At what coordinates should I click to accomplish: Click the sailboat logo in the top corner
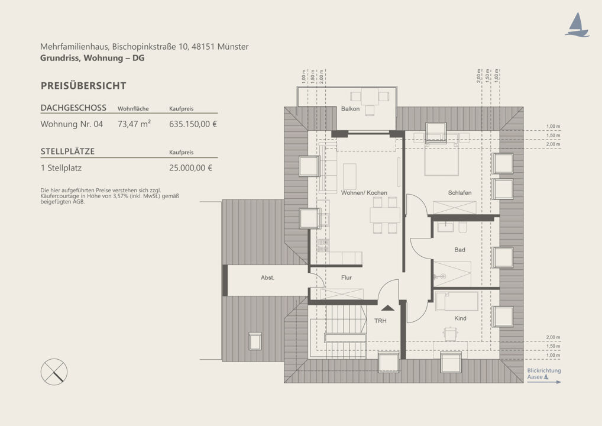[x=577, y=25]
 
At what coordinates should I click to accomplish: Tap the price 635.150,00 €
[x=193, y=124]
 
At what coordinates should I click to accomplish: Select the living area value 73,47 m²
[x=134, y=124]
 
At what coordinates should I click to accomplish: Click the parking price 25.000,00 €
[x=190, y=168]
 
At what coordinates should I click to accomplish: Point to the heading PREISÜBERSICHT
[x=83, y=86]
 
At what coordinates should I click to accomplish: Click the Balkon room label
[x=350, y=109]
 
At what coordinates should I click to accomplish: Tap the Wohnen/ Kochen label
[x=364, y=192]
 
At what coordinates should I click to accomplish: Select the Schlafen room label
[x=459, y=192]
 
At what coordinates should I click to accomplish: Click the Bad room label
[x=459, y=250]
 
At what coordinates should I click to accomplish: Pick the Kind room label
[x=460, y=318]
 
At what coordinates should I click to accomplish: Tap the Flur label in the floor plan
[x=347, y=277]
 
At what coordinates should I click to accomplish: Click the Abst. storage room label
[x=267, y=277]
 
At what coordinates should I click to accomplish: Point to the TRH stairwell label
[x=380, y=321]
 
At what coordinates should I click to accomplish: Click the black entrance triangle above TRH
[x=387, y=307]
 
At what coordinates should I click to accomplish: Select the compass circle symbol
[x=54, y=372]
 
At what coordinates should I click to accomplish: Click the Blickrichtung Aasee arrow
[x=544, y=382]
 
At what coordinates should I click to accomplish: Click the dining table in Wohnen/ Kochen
[x=385, y=215]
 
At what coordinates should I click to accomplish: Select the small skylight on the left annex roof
[x=255, y=341]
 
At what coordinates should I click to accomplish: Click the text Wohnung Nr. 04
[x=72, y=124]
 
